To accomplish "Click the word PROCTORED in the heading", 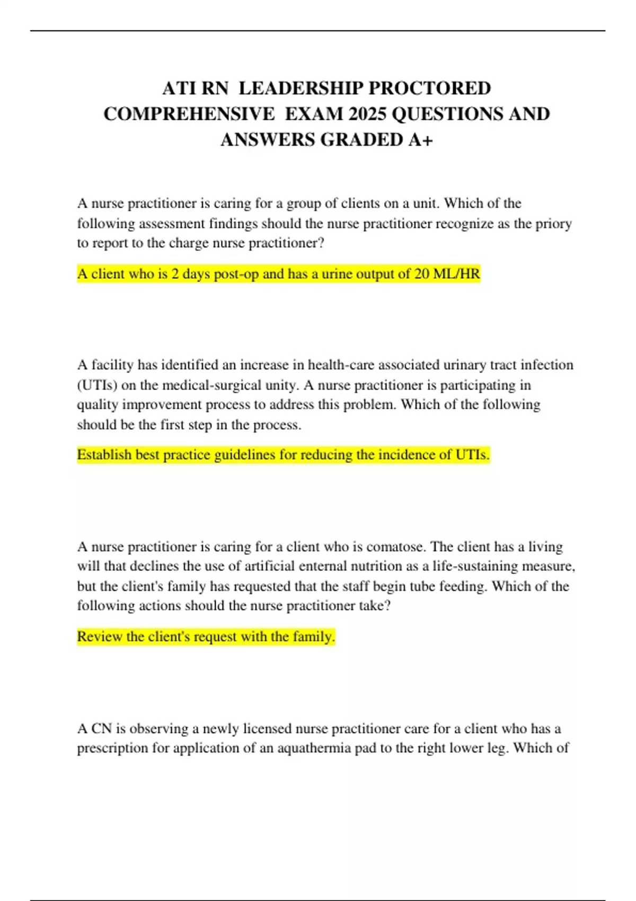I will click(x=430, y=88).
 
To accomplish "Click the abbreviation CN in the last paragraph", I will click(x=101, y=728).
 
